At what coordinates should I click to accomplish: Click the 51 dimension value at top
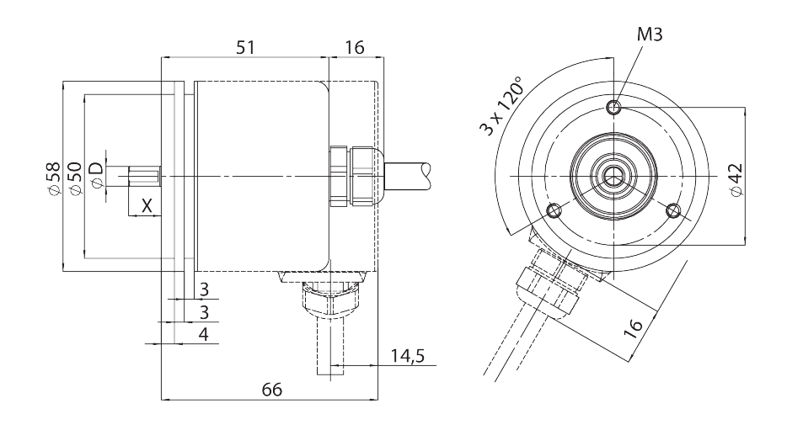coord(245,48)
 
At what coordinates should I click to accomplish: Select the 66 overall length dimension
coord(272,390)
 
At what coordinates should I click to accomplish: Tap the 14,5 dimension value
coord(408,355)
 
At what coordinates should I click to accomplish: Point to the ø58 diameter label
coord(53,178)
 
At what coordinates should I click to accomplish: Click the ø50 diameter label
coord(74,178)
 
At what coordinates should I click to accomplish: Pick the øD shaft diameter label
coord(96,175)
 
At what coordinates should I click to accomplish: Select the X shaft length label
coord(147,206)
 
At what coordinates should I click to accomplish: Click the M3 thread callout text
coord(650,35)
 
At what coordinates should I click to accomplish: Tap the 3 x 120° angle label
coord(502,106)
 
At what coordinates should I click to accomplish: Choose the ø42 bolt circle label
coord(736,179)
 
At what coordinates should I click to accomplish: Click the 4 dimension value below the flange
coord(204,334)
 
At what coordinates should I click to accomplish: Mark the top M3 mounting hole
coord(613,108)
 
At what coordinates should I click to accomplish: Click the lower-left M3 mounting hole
coord(554,210)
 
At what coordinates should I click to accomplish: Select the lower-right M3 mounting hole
coord(673,210)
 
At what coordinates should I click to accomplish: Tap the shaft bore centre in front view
coord(613,177)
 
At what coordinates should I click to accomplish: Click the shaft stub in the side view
coord(144,176)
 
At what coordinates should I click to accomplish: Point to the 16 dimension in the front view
coord(633,327)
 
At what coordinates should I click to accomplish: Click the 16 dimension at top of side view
coord(355,48)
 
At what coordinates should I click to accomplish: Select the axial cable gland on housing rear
coord(355,176)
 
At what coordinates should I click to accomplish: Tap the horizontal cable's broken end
coord(426,177)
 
